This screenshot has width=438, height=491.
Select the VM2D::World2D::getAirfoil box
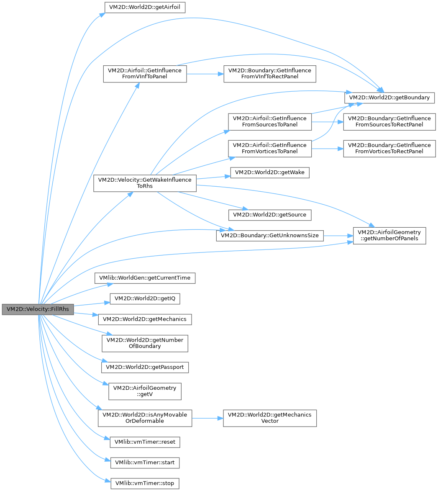pos(144,7)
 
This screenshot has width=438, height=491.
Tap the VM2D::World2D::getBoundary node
pos(389,97)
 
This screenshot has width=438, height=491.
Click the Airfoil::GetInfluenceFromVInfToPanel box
pos(145,73)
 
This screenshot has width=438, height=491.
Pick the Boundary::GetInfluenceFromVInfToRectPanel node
pos(269,73)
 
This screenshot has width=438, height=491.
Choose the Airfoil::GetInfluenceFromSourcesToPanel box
pos(270,121)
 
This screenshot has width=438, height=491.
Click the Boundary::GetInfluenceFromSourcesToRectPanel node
pos(389,121)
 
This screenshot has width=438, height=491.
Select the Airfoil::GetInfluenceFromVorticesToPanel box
pos(270,148)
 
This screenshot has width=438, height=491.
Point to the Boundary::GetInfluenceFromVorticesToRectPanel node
pos(389,148)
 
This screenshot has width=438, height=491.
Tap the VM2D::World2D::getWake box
pos(270,172)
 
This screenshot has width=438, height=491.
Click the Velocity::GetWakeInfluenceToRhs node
pos(145,183)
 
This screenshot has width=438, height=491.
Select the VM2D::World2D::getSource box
pos(269,215)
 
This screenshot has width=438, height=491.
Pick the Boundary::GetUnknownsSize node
pos(269,235)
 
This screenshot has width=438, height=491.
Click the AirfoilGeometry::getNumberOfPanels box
pos(389,235)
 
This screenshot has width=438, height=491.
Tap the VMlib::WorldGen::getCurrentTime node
pos(145,278)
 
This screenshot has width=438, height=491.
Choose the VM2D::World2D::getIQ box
pos(145,298)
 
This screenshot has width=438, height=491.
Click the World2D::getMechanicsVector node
pos(270,418)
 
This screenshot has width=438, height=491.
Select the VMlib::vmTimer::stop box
pos(145,483)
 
